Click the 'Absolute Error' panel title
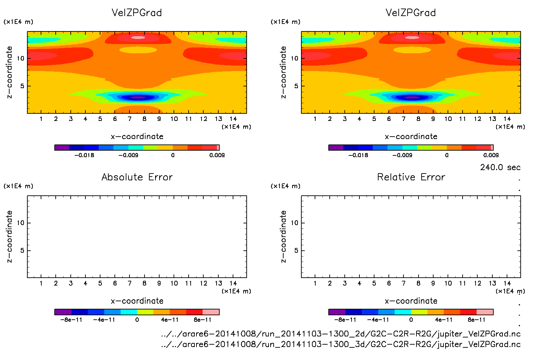tap(137, 177)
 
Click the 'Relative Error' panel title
tap(411, 177)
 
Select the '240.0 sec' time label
tap(500, 167)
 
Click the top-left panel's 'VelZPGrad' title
tap(137, 13)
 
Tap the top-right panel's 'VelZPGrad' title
tap(411, 13)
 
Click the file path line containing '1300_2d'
tap(341, 334)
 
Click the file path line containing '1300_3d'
tap(341, 344)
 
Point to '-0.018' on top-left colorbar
tap(84, 155)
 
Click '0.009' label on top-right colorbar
tap(491, 155)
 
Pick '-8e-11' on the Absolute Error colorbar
tap(71, 320)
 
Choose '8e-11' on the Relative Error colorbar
tap(476, 320)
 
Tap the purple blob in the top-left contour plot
tap(138, 97)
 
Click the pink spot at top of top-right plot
tap(412, 38)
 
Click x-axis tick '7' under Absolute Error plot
tap(129, 283)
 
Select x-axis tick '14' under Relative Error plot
tap(507, 283)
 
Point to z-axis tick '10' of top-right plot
tap(294, 58)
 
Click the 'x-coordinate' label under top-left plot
tap(137, 136)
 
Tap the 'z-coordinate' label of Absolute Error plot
tap(9, 236)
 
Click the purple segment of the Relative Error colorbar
tap(337, 312)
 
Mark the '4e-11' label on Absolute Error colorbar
tap(170, 320)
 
